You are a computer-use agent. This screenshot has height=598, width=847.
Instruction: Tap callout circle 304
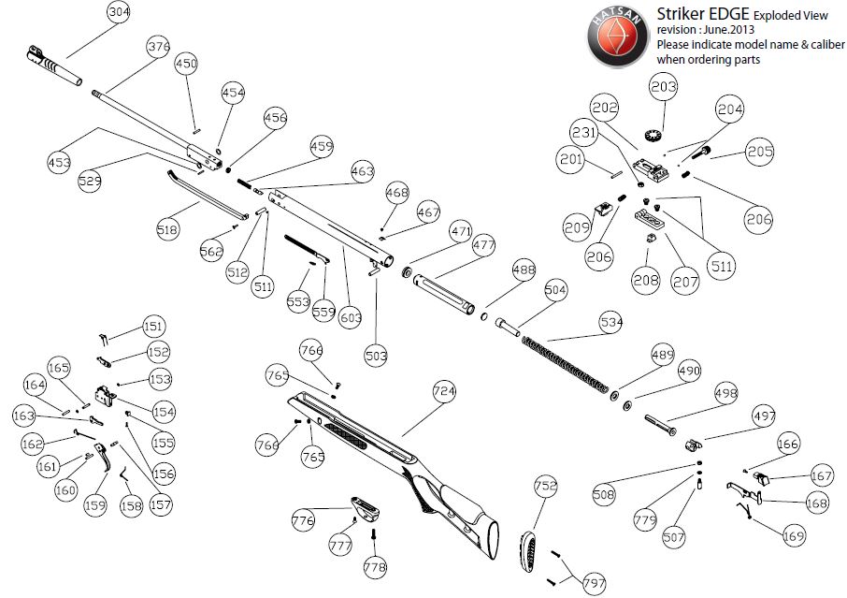(x=119, y=12)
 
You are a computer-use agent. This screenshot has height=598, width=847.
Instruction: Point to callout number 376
(x=158, y=46)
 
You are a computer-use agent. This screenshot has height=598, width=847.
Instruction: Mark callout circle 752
(x=546, y=487)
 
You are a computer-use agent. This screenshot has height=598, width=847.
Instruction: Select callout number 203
(x=663, y=88)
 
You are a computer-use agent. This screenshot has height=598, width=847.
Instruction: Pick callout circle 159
(x=95, y=506)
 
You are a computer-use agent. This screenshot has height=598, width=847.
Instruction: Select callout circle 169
(x=794, y=537)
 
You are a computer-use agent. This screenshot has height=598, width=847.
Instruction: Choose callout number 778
(x=375, y=567)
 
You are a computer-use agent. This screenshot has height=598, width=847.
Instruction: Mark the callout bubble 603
(x=351, y=318)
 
